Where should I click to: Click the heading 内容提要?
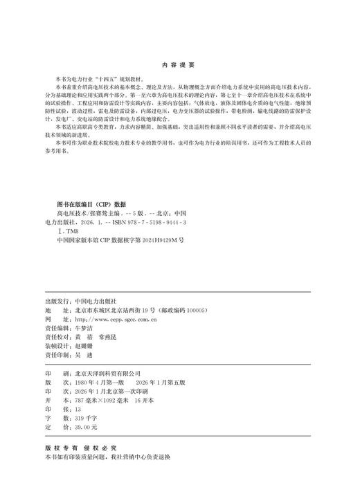pos(180,62)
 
